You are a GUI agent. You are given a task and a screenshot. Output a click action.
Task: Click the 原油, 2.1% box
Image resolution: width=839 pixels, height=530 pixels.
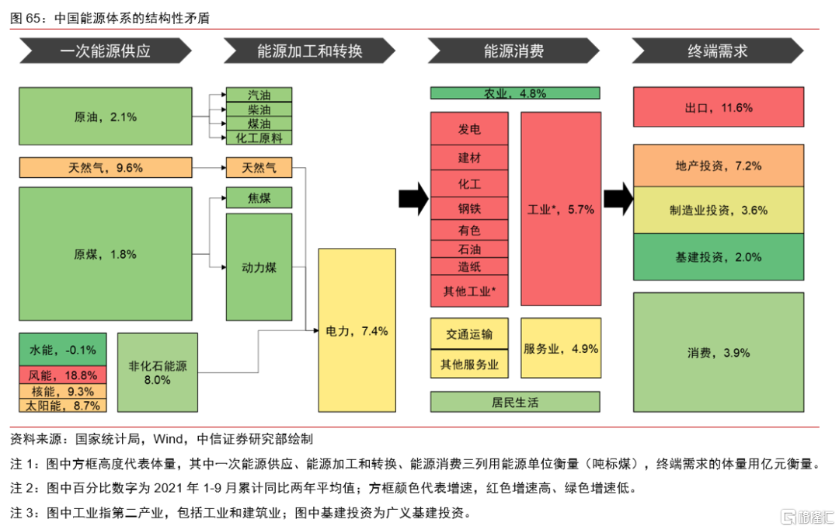point(105,117)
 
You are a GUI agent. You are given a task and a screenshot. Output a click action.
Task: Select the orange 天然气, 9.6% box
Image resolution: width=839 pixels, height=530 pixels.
point(105,167)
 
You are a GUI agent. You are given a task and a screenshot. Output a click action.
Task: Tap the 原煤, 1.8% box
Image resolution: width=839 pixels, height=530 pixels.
point(105,254)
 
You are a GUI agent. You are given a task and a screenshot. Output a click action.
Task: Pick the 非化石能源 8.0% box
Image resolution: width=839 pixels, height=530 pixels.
point(158,372)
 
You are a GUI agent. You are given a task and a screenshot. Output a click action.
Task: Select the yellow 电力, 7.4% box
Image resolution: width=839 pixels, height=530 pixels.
point(357,332)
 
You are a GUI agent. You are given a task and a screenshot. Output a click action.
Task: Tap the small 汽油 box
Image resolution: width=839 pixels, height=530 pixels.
point(259,95)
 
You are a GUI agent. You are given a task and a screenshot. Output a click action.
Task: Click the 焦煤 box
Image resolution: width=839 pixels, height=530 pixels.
point(259,197)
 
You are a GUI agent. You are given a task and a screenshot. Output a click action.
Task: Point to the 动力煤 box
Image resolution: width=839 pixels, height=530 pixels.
point(259,267)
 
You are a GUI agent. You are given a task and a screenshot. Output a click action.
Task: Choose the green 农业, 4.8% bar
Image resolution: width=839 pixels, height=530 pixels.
point(515,93)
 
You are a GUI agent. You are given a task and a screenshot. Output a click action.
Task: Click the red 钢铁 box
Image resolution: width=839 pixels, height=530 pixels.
point(469,208)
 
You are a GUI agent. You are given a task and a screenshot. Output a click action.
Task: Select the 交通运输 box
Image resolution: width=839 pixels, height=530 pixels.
point(469,334)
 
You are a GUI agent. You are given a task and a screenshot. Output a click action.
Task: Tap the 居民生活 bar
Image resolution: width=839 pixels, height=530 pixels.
point(515,402)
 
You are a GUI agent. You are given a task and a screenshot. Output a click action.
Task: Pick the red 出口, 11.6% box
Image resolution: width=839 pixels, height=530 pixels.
point(719,108)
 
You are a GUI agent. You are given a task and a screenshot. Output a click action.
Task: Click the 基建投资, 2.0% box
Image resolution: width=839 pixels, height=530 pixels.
point(719,256)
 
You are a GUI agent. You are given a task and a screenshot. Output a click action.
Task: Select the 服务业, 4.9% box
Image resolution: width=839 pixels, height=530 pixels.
point(560,348)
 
